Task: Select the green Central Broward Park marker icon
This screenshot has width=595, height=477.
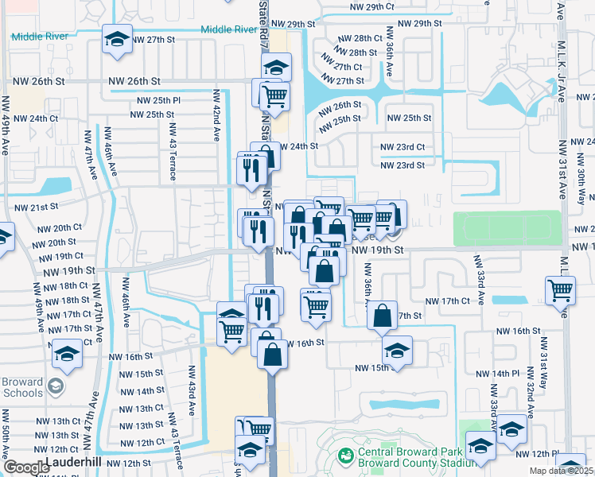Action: (x=345, y=456)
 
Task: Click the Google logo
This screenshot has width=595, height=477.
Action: (x=26, y=467)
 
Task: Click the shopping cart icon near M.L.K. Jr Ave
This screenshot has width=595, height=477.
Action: (x=560, y=291)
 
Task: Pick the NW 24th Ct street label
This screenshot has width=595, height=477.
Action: (x=31, y=118)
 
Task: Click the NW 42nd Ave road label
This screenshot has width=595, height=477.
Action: (x=216, y=115)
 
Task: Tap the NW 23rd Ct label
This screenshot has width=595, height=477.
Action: (x=402, y=147)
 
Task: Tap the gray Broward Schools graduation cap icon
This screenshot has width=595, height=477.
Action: (x=55, y=387)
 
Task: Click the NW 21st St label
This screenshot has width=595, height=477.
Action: (x=37, y=207)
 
